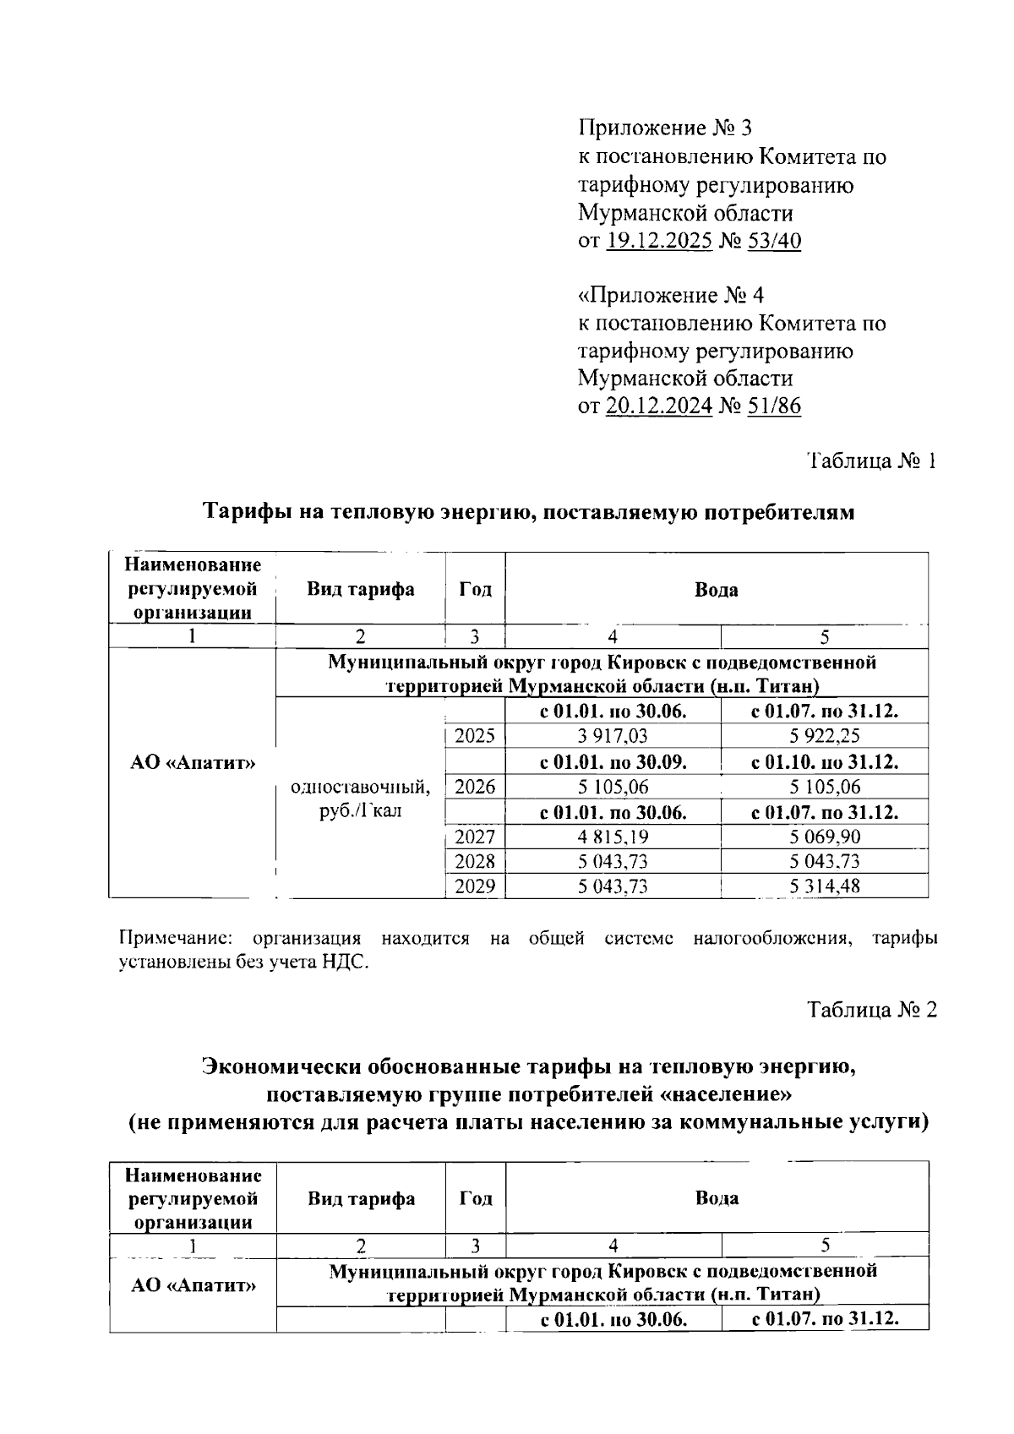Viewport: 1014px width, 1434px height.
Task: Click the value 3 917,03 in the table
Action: coord(613,736)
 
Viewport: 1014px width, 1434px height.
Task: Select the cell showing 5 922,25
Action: coord(825,736)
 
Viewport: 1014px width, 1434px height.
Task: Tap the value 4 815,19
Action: coord(613,837)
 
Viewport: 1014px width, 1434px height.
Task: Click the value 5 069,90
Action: coord(825,837)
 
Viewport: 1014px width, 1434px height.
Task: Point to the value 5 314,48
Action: coord(825,886)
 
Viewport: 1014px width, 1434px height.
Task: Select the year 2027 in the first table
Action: coord(475,837)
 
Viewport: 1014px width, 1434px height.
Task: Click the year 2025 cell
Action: coord(475,736)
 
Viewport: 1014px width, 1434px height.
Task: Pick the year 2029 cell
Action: coord(475,886)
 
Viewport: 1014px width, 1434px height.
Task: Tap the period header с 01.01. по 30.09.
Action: coord(613,762)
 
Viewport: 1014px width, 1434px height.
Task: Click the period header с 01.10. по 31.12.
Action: coord(825,762)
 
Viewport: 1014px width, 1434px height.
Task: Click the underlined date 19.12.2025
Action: coord(659,242)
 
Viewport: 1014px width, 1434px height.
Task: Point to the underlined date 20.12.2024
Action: coord(659,407)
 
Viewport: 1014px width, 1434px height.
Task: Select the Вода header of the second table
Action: coord(717,1198)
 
